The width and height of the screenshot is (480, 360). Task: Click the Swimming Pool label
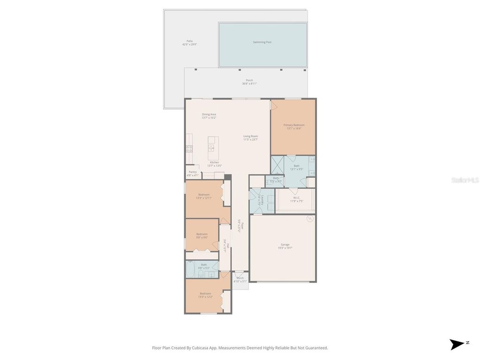click(x=262, y=42)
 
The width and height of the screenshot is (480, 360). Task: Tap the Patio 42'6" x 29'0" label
click(x=189, y=43)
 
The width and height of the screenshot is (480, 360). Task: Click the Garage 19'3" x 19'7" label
click(x=285, y=246)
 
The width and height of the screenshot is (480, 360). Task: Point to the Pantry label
click(x=193, y=172)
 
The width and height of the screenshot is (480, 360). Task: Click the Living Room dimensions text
click(x=250, y=140)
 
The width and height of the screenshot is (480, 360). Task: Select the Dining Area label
click(x=209, y=114)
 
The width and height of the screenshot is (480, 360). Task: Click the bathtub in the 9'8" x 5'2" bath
click(x=190, y=270)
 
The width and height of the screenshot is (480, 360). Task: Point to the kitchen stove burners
click(x=189, y=149)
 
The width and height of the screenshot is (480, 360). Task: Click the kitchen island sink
click(x=211, y=148)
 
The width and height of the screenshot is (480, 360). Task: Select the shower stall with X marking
click(x=277, y=165)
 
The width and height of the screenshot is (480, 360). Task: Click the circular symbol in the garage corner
click(x=309, y=219)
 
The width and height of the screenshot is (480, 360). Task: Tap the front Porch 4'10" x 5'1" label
click(x=240, y=280)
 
